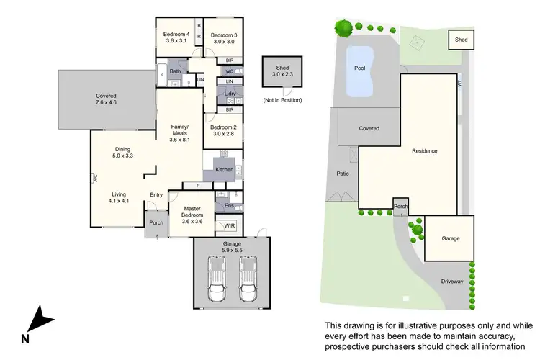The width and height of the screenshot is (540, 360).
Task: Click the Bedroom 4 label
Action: pos(177,35)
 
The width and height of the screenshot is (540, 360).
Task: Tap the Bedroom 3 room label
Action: pos(224,35)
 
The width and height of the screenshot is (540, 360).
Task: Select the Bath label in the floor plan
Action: pos(175,71)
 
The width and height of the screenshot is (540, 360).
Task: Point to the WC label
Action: pos(229,71)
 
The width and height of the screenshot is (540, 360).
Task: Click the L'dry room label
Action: pos(230,94)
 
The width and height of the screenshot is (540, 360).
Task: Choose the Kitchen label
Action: pos(224,169)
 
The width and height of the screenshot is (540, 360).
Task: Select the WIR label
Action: pos(230,225)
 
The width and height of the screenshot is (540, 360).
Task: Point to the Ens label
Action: pos(229,206)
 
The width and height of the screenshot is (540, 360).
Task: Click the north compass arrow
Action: pos(42,319)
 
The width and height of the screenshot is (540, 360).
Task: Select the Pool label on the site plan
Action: pos(360,68)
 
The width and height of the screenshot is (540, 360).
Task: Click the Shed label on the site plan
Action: pos(460,40)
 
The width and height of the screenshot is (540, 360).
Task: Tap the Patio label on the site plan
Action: pos(343,173)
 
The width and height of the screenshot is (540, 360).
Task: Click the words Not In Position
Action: pos(282,99)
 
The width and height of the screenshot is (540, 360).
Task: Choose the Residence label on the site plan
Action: pos(424,151)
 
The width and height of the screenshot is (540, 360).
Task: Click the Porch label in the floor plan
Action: pos(156,222)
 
